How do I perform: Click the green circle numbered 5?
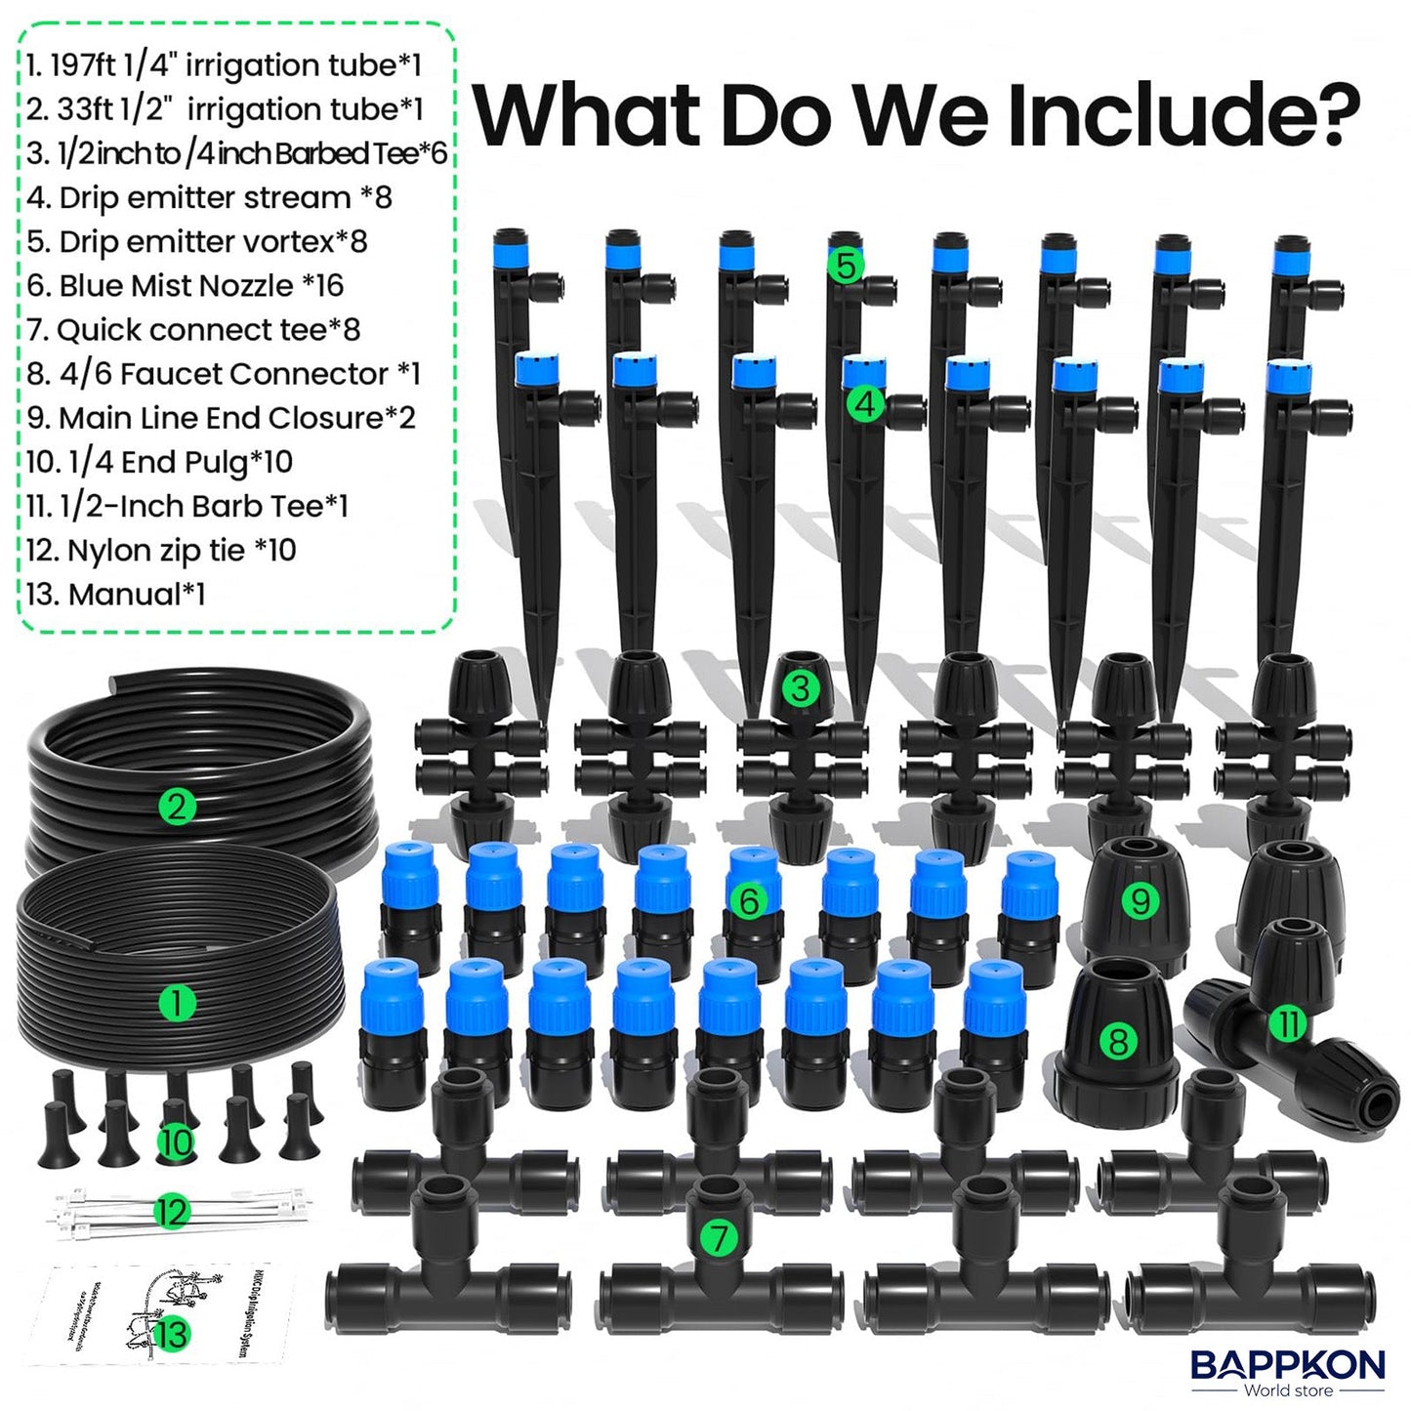pyautogui.click(x=846, y=266)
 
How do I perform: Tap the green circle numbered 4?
pyautogui.click(x=865, y=403)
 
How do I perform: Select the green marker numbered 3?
pyautogui.click(x=800, y=688)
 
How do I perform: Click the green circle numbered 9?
pyautogui.click(x=1140, y=899)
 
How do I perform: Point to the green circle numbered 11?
pyautogui.click(x=1289, y=1023)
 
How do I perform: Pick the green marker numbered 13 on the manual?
pyautogui.click(x=172, y=1334)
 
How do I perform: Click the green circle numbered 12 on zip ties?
pyautogui.click(x=172, y=1212)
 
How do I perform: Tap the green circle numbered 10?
pyautogui.click(x=176, y=1142)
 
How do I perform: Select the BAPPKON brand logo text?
pyautogui.click(x=1287, y=1364)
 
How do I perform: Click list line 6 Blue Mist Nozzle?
pyautogui.click(x=186, y=285)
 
